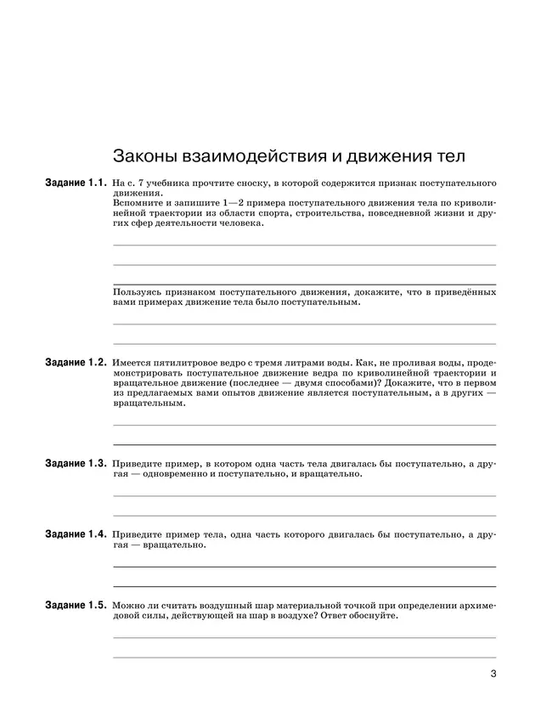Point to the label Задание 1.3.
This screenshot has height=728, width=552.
(76, 464)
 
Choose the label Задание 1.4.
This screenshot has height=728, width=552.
(76, 534)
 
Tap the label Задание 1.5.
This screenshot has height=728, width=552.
(76, 605)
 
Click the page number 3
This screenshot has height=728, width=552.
(493, 676)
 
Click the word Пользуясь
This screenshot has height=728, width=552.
(139, 292)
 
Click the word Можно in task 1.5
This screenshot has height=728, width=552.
(128, 605)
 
